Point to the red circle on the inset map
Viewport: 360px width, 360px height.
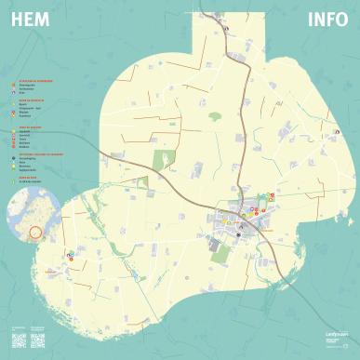click(x=35, y=232)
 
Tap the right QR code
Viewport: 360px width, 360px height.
click(x=39, y=339)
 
